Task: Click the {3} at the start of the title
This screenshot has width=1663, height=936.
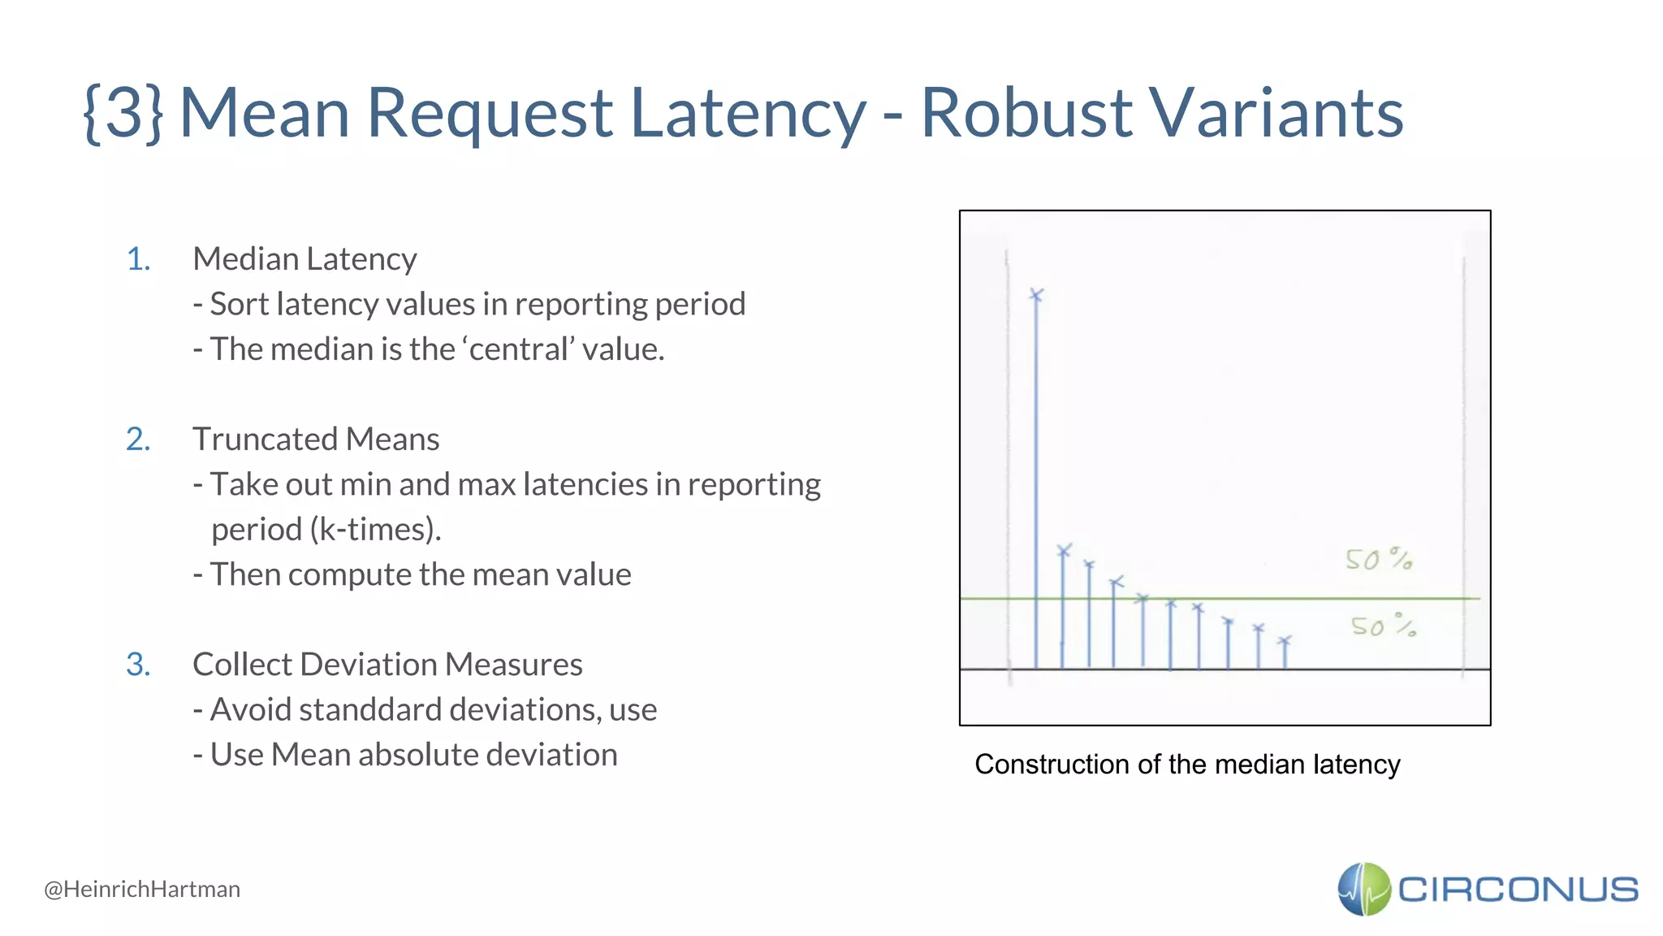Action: [x=124, y=114]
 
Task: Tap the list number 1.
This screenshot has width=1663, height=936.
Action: [x=138, y=259]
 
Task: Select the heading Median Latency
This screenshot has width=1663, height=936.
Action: [x=305, y=259]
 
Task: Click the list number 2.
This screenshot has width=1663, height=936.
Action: [x=138, y=440]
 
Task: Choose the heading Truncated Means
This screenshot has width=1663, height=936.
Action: [x=316, y=440]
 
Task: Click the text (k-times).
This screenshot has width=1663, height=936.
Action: [x=376, y=530]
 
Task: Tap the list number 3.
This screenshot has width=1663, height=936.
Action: [x=138, y=665]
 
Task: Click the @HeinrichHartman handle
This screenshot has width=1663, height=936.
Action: [x=142, y=889]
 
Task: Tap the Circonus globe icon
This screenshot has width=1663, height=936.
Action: [x=1364, y=889]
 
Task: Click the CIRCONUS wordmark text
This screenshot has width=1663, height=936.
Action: [x=1517, y=889]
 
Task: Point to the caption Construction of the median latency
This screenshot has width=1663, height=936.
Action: [x=1187, y=765]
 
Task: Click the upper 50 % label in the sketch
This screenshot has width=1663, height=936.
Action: [x=1378, y=559]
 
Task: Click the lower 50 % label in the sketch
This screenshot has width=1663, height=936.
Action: [x=1383, y=626]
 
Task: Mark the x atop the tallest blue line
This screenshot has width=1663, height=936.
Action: [x=1036, y=295]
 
